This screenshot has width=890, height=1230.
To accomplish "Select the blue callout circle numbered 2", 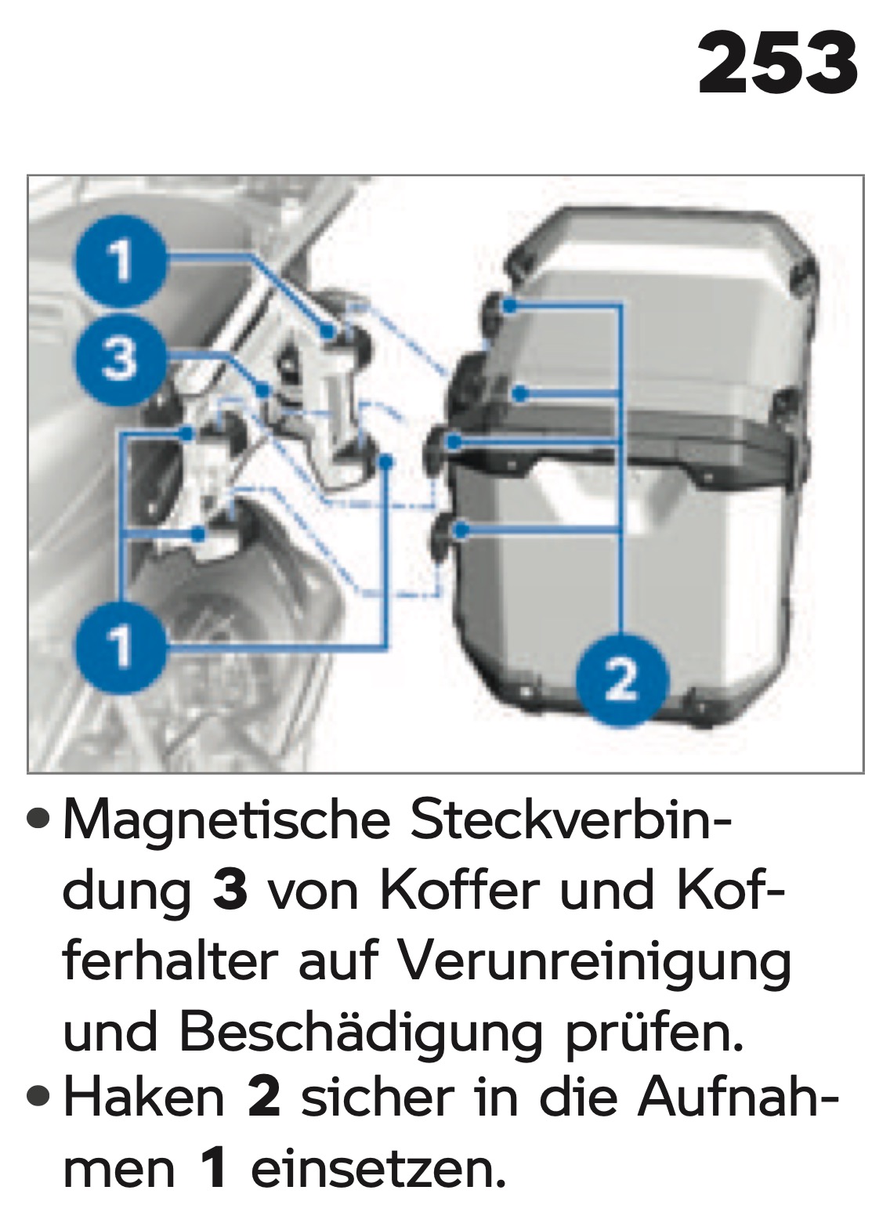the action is click(621, 680).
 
